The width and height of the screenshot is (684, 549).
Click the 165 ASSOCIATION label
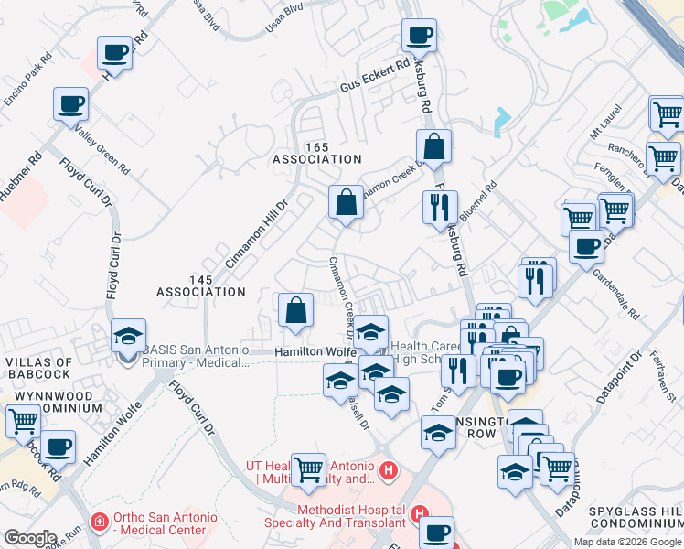(x=317, y=153)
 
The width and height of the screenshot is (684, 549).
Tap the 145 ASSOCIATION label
(x=201, y=285)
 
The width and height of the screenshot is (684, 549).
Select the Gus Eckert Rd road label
(x=375, y=78)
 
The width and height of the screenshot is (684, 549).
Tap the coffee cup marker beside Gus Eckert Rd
(x=420, y=38)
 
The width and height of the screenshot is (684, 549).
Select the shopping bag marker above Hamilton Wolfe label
(x=296, y=310)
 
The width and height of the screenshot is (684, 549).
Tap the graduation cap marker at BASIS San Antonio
(x=128, y=336)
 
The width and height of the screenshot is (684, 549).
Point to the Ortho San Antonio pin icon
(x=100, y=523)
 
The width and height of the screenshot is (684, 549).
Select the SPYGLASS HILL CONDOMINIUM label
(x=636, y=516)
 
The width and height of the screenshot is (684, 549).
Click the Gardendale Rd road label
(x=615, y=292)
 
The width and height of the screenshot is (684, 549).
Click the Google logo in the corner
(x=30, y=538)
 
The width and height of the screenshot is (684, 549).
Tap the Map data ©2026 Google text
(x=627, y=542)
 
